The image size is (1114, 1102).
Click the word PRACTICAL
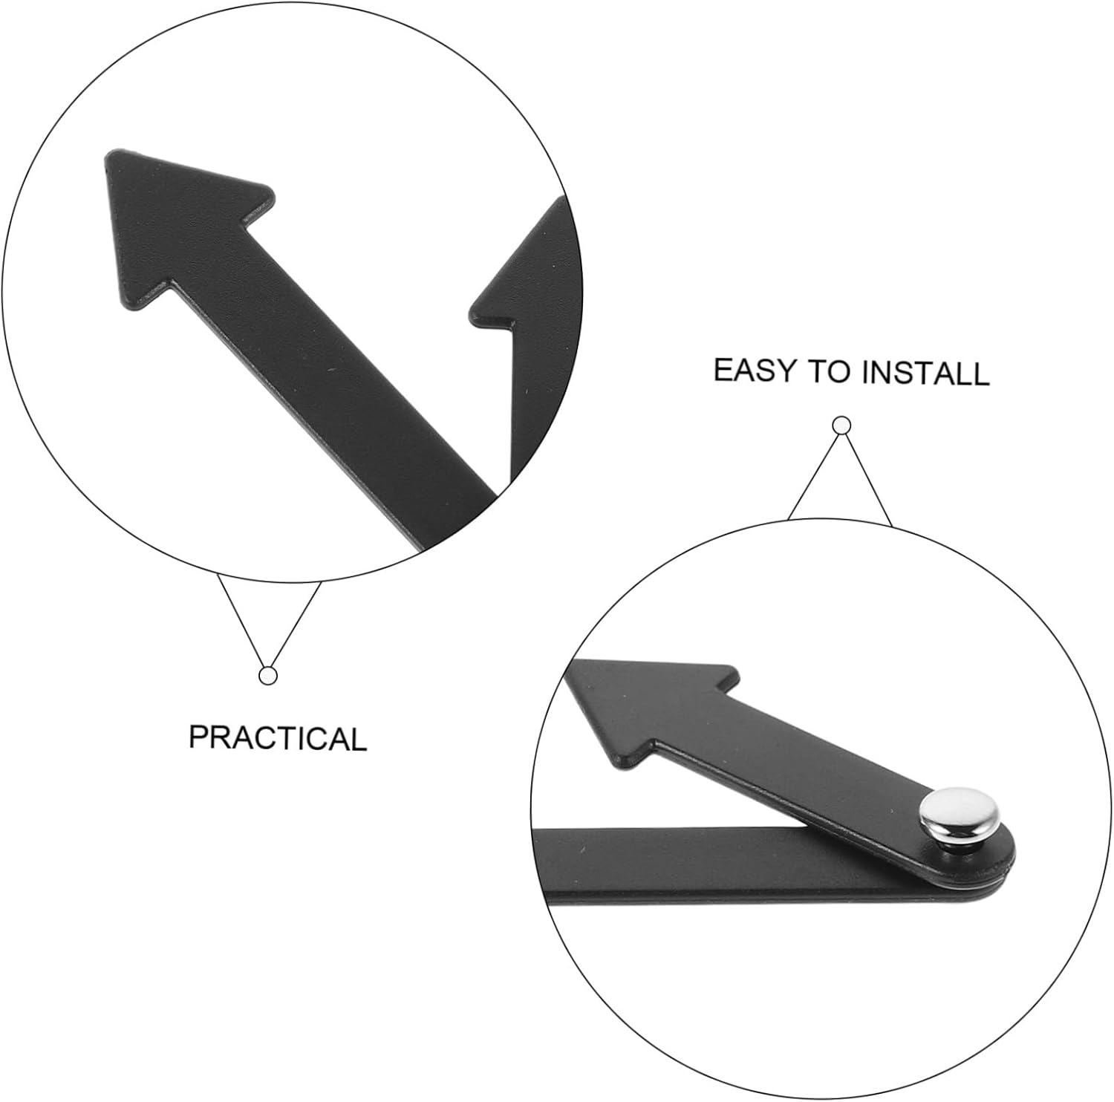[278, 737]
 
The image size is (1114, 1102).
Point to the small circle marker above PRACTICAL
[268, 676]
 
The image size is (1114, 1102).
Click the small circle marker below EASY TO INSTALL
[841, 426]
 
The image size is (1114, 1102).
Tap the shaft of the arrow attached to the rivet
[802, 765]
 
